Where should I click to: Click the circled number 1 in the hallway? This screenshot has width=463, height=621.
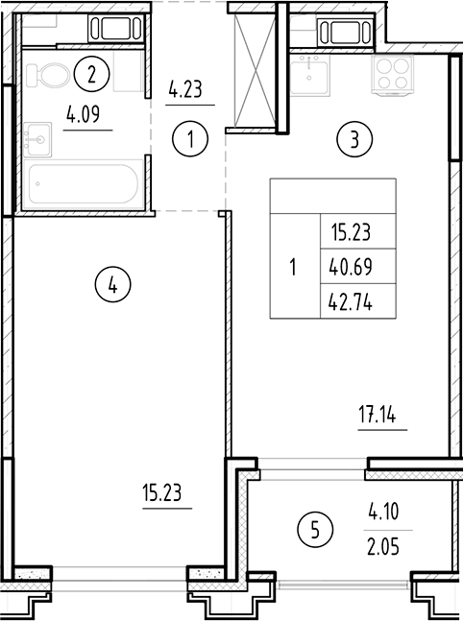pyautogui.click(x=191, y=140)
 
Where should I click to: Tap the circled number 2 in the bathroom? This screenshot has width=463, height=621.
pyautogui.click(x=91, y=71)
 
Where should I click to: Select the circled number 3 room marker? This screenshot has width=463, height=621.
pyautogui.click(x=354, y=140)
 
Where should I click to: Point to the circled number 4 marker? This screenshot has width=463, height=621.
pyautogui.click(x=113, y=284)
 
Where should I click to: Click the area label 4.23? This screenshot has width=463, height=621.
pyautogui.click(x=186, y=92)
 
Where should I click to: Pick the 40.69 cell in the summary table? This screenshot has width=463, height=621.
pyautogui.click(x=351, y=268)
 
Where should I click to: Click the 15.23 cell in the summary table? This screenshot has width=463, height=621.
pyautogui.click(x=351, y=231)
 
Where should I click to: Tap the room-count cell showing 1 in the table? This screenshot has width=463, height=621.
pyautogui.click(x=293, y=268)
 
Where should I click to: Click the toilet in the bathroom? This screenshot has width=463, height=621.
pyautogui.click(x=44, y=75)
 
